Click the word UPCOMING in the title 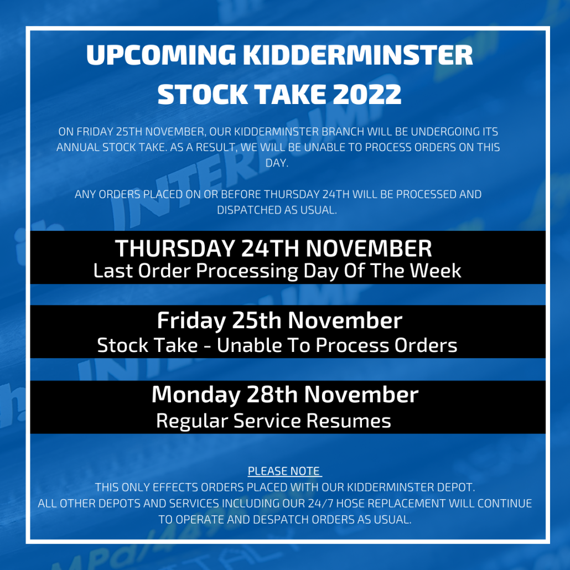pyautogui.click(x=162, y=55)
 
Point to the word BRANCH pyautogui.click(x=343, y=132)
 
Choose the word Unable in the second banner pyautogui.click(x=250, y=345)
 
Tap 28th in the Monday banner pyautogui.click(x=273, y=395)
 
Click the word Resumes pyautogui.click(x=349, y=421)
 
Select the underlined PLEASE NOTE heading pyautogui.click(x=284, y=471)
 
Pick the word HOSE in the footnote pyautogui.click(x=350, y=504)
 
